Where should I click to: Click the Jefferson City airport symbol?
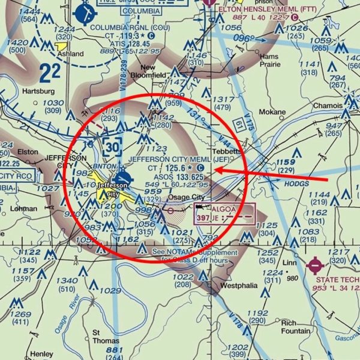[x=122, y=178]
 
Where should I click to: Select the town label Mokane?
[x=272, y=112]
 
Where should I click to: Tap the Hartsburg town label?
[x=38, y=91]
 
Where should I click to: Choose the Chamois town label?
[x=328, y=105]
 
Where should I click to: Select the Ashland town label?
[x=70, y=53]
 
